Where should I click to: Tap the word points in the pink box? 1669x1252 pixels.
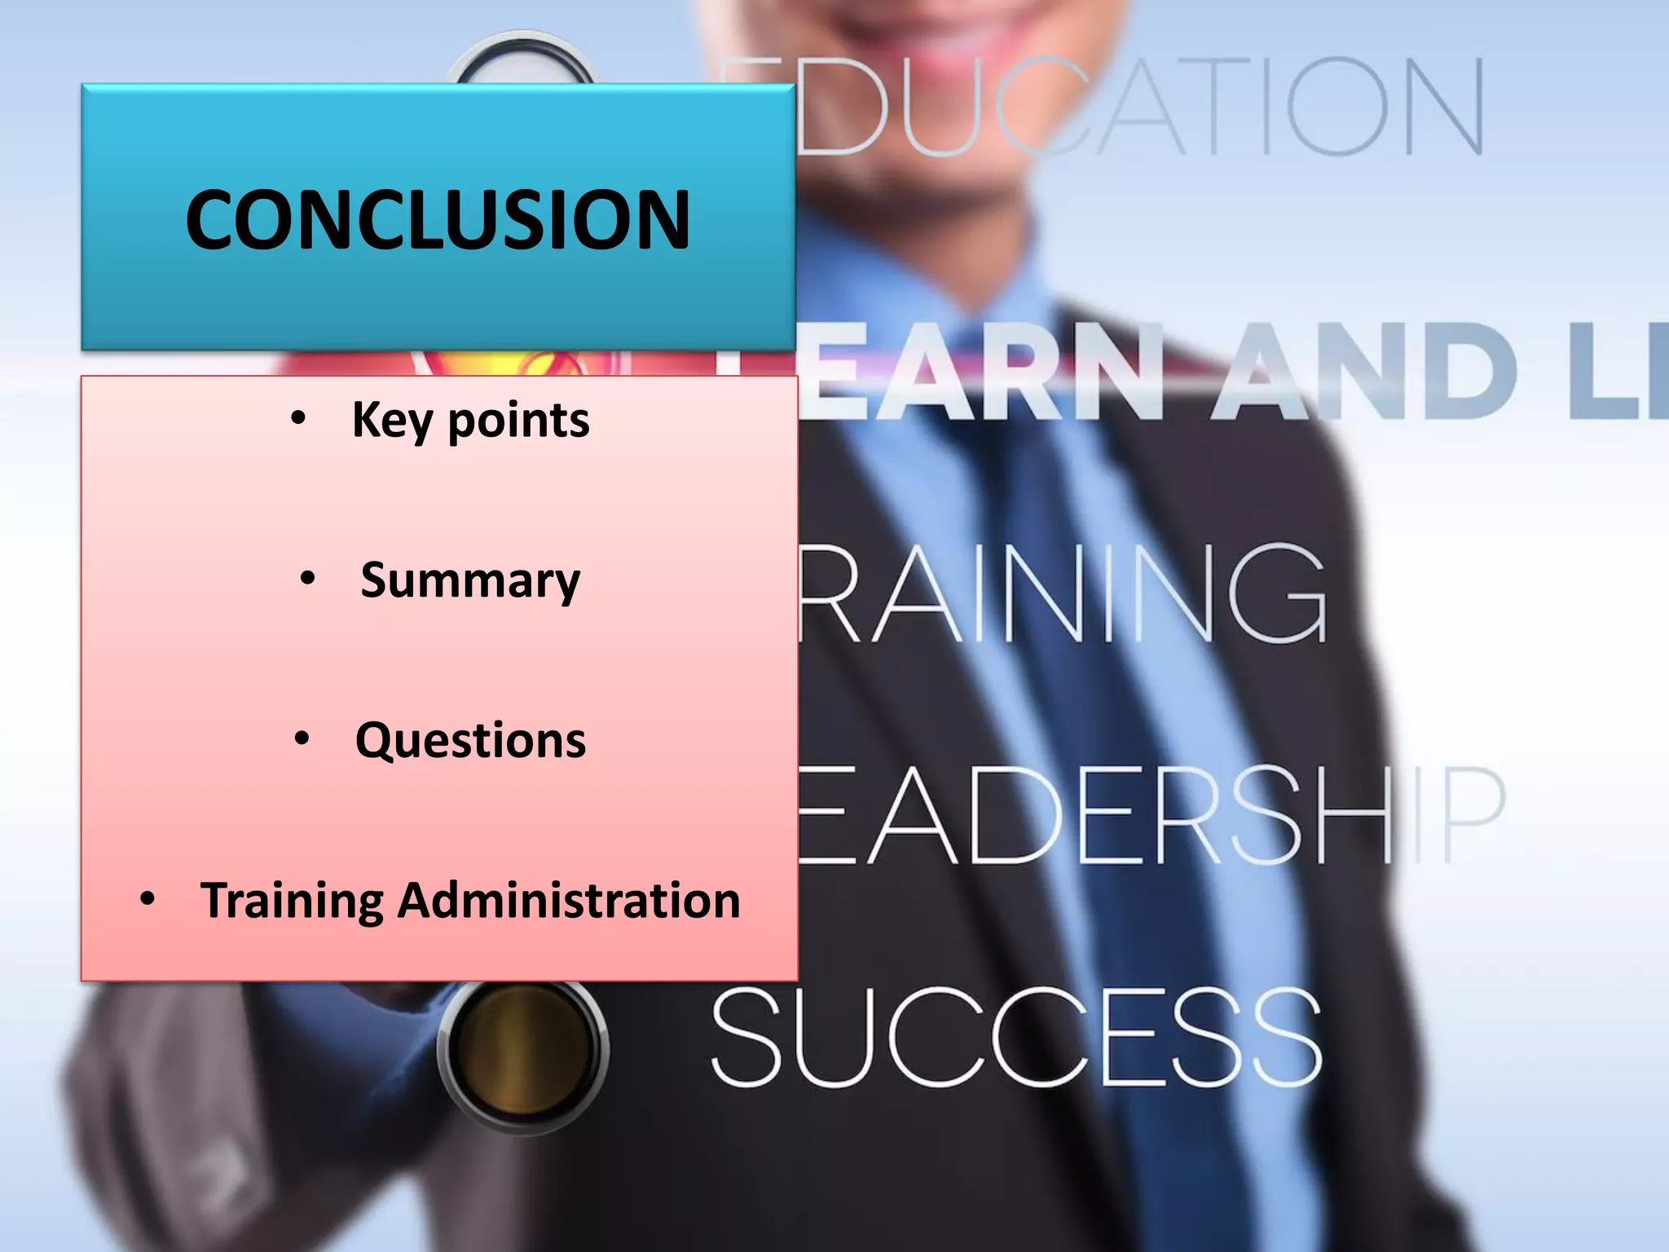(518, 421)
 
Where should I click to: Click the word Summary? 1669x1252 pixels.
(470, 580)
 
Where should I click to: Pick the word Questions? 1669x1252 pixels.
(470, 740)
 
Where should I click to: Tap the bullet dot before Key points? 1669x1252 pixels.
(298, 419)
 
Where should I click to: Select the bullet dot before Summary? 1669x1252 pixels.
(307, 580)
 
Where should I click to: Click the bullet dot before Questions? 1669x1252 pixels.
(302, 739)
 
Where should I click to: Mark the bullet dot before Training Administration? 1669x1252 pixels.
(148, 900)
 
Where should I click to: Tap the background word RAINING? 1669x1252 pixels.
(1059, 593)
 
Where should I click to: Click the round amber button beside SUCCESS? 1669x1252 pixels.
(522, 1047)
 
